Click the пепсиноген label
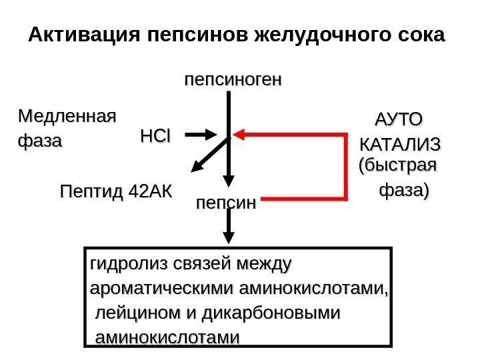click(233, 80)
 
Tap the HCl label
click(155, 137)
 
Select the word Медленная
click(66, 117)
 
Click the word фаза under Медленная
click(39, 141)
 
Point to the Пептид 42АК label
click(115, 193)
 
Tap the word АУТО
click(399, 120)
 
